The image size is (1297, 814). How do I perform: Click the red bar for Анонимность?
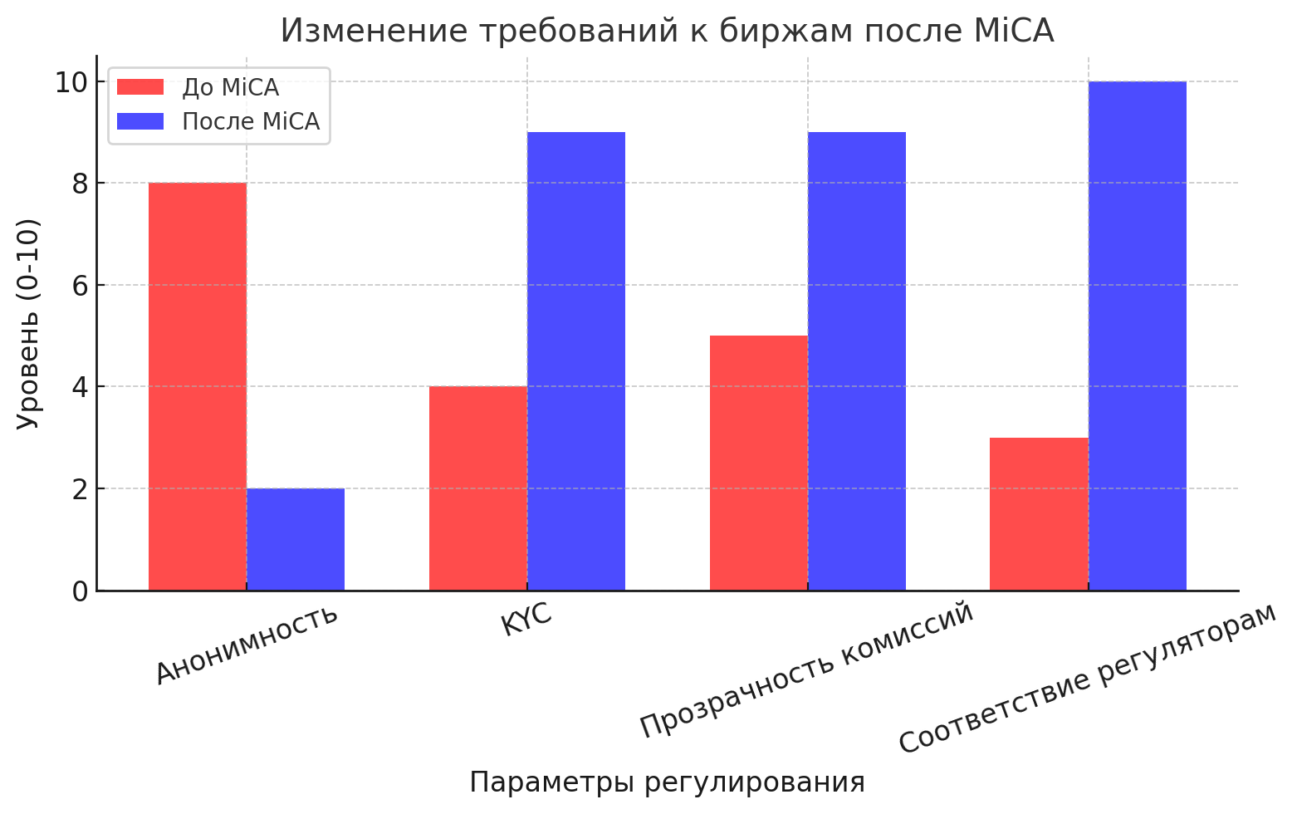198,386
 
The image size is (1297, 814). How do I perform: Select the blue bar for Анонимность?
296,539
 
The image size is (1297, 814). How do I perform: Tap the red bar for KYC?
478,488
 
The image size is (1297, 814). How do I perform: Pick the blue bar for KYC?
576,361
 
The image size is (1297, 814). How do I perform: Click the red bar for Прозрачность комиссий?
759,463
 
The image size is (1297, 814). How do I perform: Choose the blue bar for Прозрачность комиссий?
857,361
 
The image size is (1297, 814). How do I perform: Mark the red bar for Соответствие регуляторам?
1039,514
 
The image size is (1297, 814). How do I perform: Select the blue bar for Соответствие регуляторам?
1138,336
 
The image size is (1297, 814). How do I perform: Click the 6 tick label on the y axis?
80,286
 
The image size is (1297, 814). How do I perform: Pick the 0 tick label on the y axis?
80,591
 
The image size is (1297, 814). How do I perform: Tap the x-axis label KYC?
526,622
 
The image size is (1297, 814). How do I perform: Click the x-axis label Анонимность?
247,645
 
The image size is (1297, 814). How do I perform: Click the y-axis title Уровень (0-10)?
28,324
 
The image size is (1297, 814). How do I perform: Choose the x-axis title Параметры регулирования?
667,782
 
